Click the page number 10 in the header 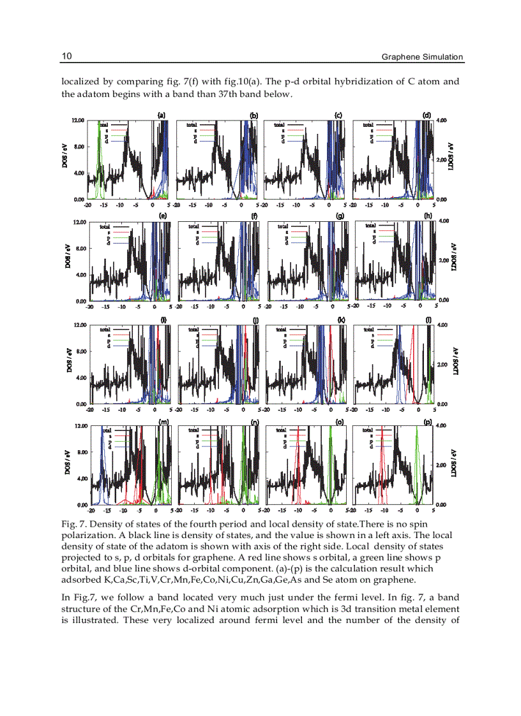(x=66, y=56)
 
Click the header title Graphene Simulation (x=422, y=57)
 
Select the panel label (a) (x=162, y=115)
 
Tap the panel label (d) (x=427, y=115)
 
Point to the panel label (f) (x=254, y=216)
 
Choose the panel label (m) (x=164, y=421)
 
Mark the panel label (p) (x=427, y=421)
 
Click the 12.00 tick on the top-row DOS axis (x=77, y=120)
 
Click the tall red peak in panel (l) (x=413, y=357)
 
